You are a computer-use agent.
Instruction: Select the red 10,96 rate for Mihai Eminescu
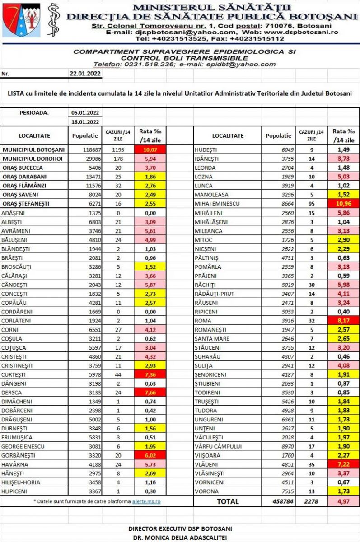(x=345, y=204)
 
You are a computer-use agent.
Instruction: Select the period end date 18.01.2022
(x=85, y=122)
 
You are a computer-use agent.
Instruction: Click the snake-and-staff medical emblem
(x=54, y=20)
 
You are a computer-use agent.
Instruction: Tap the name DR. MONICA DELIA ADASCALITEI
(x=180, y=537)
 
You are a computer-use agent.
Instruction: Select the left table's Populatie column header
(x=85, y=135)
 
